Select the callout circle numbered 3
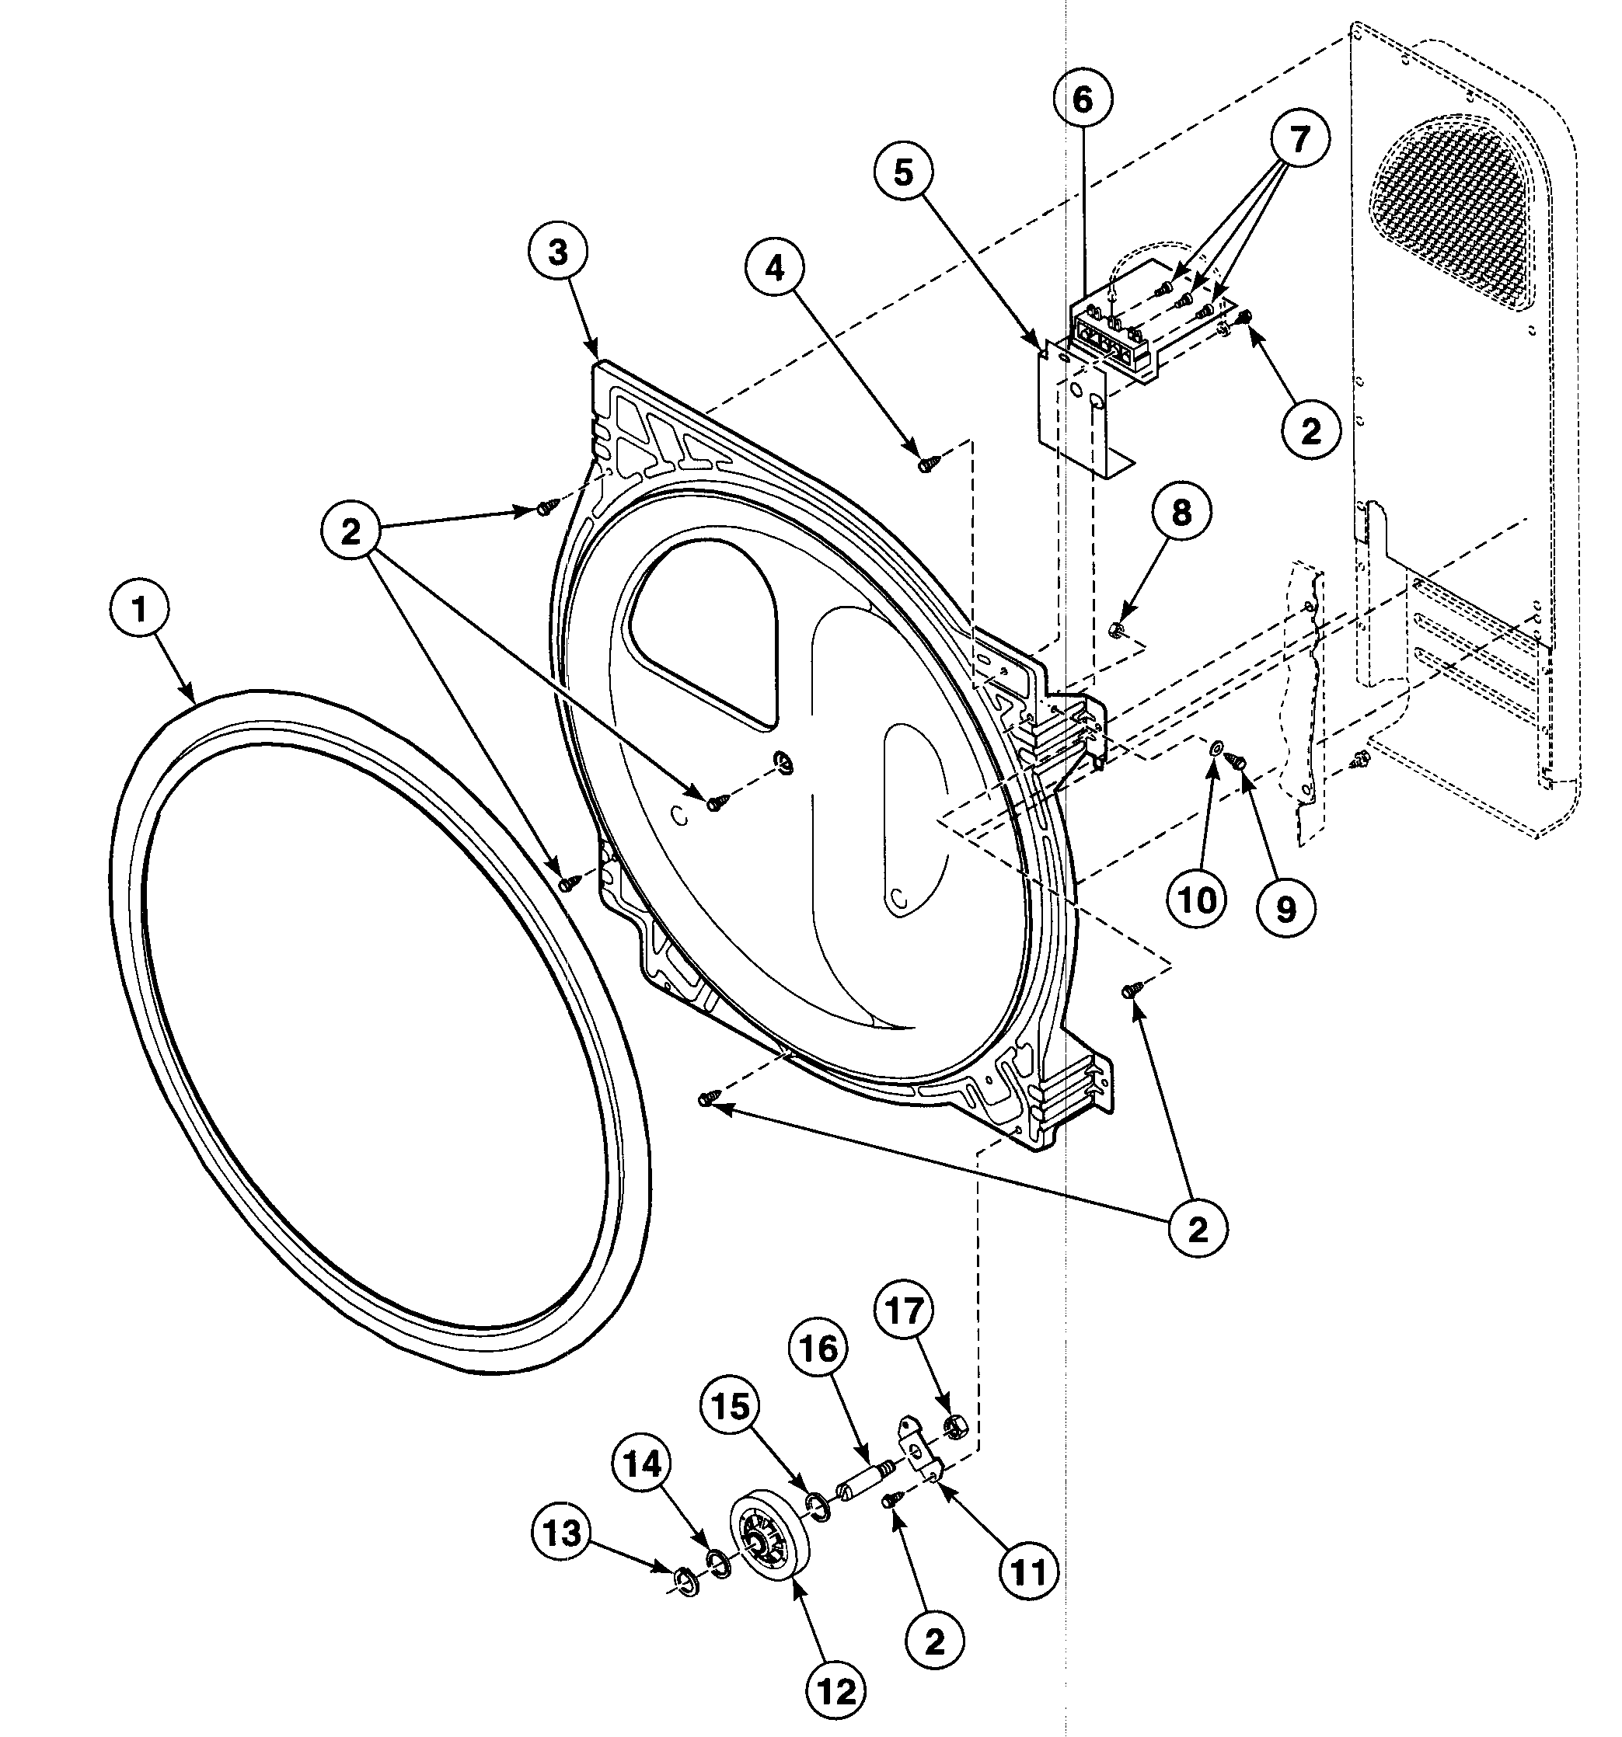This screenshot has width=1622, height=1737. (x=557, y=252)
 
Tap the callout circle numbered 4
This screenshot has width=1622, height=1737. (x=775, y=269)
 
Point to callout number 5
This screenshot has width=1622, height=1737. (x=904, y=172)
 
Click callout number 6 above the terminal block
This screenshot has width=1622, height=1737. (x=1083, y=99)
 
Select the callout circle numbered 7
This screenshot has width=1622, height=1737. (x=1299, y=139)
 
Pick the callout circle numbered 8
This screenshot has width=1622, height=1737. (x=1181, y=513)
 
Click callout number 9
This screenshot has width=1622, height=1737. (x=1285, y=910)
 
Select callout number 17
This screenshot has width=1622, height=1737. (x=905, y=1311)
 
